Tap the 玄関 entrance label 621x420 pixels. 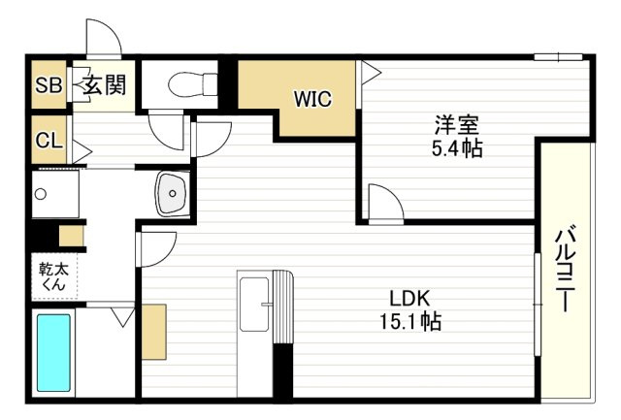[103, 86]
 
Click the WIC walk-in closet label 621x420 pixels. [313, 98]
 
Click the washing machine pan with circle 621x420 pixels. [58, 195]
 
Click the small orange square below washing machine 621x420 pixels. [72, 236]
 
